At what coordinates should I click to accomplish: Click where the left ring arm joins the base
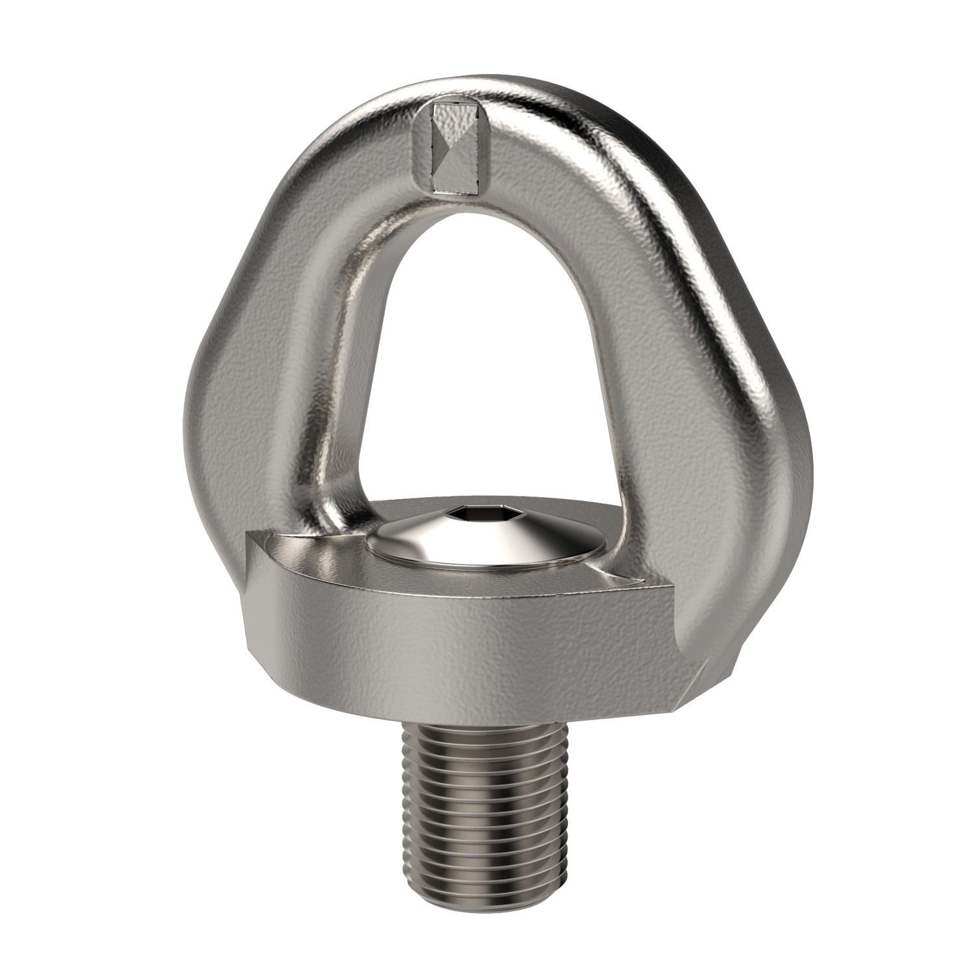point(318,513)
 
